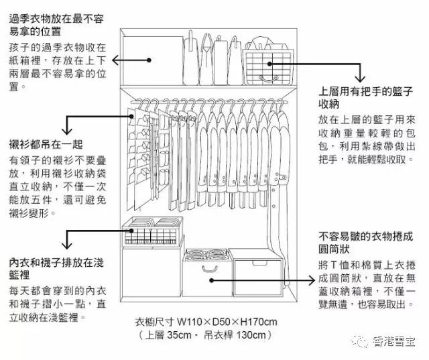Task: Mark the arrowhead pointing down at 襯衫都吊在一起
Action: click(x=66, y=131)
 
